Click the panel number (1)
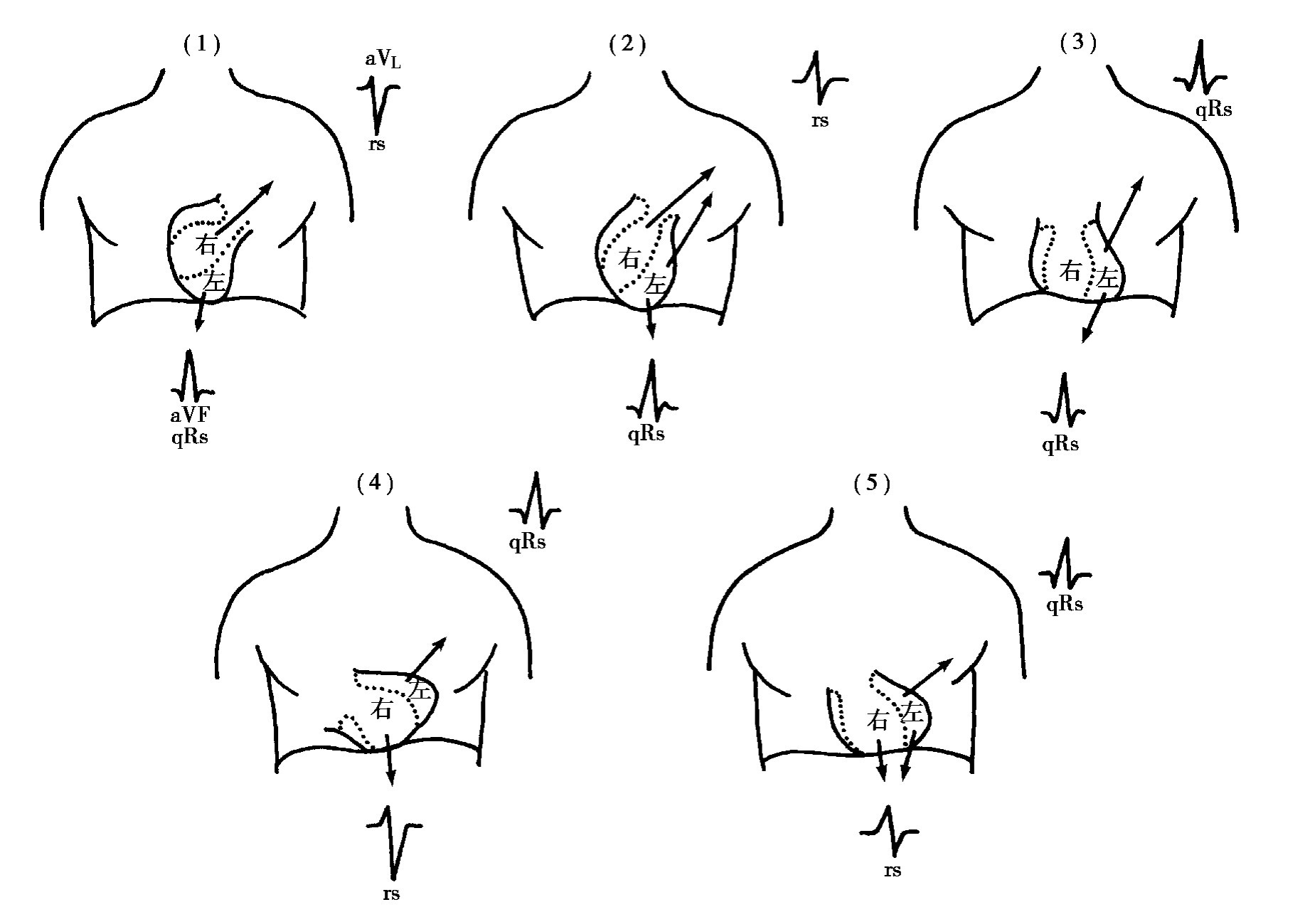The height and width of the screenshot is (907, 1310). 202,46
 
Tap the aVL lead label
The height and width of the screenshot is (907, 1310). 383,60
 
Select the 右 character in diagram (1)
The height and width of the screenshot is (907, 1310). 206,245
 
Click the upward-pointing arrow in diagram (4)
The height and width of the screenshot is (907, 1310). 427,656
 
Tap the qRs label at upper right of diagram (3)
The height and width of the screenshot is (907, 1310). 1214,110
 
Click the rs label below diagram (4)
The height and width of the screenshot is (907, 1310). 390,893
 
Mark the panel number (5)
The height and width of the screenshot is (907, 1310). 871,484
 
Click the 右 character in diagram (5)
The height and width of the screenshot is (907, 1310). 878,721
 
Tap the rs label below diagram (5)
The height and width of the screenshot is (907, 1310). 893,871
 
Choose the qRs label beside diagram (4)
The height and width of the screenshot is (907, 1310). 527,543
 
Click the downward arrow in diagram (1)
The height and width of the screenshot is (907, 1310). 201,311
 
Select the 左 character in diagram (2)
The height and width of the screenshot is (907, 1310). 655,285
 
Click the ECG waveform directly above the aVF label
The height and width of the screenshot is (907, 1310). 191,376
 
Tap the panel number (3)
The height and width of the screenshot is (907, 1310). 1078,43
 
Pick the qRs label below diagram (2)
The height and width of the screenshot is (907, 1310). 646,435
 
